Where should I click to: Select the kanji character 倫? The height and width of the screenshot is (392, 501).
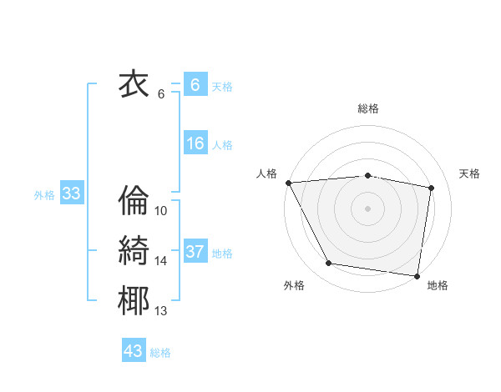point(134,200)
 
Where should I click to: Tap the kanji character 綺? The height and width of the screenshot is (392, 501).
point(134,251)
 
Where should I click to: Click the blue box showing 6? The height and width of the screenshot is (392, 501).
point(195,84)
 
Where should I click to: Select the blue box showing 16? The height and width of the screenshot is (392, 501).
point(195,143)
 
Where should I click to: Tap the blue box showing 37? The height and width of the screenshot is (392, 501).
point(195,252)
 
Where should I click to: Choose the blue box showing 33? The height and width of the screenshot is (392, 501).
point(71,194)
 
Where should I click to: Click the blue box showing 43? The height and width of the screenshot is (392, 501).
point(133,351)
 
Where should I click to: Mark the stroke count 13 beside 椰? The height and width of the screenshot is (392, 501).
point(161,312)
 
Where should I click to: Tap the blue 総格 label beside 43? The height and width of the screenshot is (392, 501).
point(160,353)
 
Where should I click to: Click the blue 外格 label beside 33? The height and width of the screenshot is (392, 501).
point(44,195)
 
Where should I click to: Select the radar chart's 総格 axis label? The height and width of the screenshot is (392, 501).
point(367,108)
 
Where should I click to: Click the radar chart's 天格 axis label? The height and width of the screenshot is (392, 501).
point(470,173)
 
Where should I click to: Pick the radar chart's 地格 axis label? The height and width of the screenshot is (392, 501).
point(438,286)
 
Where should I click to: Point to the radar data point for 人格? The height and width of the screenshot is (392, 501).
point(288,183)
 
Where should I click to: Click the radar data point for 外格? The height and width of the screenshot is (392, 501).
point(329,264)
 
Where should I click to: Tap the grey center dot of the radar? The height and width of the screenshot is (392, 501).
point(367,208)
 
